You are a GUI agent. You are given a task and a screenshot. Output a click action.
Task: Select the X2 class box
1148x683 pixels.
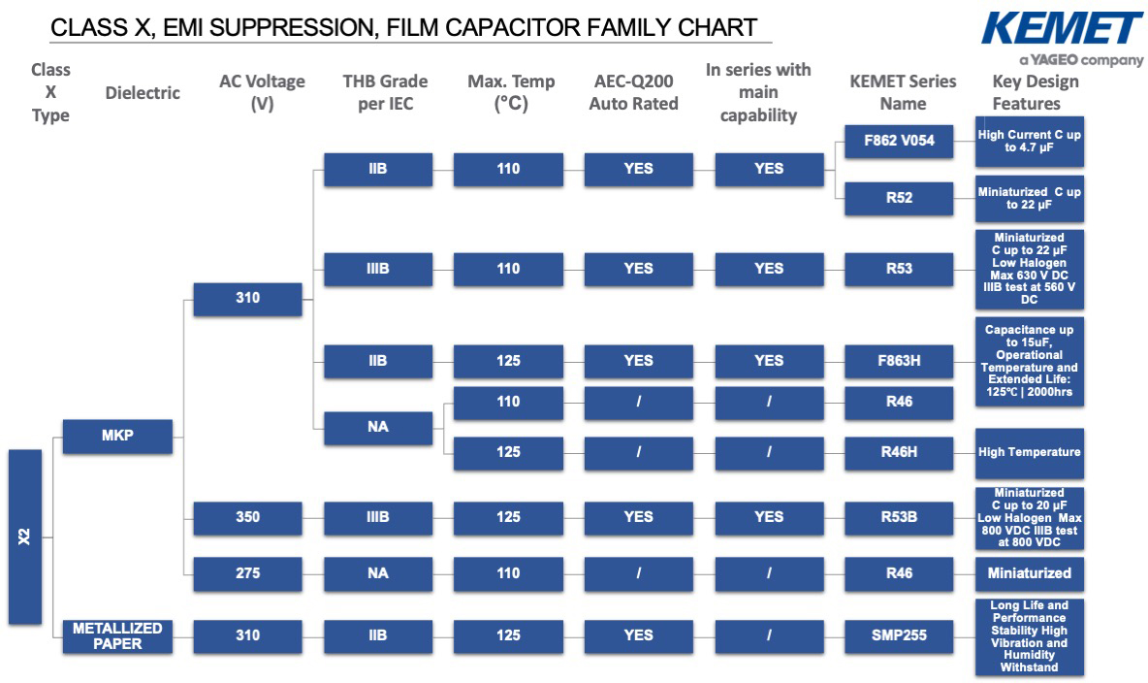25,537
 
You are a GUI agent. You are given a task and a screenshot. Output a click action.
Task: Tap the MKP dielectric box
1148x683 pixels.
117,436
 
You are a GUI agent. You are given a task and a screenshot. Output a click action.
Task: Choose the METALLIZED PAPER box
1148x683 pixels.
117,636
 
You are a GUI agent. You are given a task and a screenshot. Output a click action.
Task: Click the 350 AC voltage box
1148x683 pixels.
247,517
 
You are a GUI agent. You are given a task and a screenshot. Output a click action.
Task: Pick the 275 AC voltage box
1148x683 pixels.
247,573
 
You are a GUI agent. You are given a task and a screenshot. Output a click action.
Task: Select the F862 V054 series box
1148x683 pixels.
899,141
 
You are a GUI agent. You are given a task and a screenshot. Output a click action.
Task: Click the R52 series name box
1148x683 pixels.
899,198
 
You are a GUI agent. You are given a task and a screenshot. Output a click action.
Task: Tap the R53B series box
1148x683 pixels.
899,517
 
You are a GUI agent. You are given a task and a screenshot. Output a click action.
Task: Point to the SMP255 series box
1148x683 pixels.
899,636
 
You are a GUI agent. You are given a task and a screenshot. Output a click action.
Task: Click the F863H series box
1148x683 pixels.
899,361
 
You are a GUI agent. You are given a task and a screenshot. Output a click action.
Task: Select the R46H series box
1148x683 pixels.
899,453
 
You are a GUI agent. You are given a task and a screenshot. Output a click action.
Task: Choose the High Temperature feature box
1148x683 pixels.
1030,453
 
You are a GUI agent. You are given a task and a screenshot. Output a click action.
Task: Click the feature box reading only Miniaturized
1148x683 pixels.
1030,573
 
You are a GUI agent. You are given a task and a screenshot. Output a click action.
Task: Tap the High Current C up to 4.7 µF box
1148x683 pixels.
1030,142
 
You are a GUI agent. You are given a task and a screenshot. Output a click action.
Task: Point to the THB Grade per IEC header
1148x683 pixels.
385,92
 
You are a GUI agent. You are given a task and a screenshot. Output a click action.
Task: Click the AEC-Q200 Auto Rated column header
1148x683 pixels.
633,92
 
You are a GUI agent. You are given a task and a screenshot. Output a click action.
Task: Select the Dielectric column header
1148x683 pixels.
143,93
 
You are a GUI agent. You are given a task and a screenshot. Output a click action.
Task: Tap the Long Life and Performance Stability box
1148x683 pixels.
1030,636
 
